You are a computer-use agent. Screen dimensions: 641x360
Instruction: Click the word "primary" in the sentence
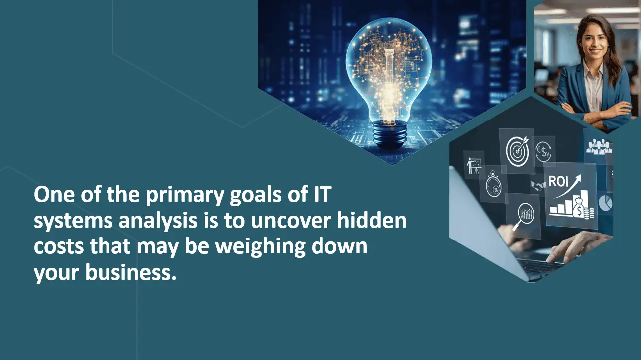pos(184,195)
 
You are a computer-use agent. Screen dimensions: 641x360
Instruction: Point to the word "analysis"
pos(158,221)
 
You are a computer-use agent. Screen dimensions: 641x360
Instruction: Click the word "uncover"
pos(291,221)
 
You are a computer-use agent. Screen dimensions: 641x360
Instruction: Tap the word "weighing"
pos(260,247)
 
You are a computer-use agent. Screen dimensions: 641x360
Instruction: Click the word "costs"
pos(59,247)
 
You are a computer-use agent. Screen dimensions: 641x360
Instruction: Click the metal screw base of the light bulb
pos(390,134)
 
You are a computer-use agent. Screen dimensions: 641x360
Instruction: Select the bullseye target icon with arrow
pos(517,150)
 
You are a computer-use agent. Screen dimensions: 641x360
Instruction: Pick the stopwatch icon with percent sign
pos(493,184)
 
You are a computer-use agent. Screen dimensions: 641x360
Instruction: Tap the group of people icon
pos(599,146)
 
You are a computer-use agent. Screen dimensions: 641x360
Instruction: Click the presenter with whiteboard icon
pos(474,165)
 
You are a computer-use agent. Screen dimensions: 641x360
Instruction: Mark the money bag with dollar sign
pos(580,207)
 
